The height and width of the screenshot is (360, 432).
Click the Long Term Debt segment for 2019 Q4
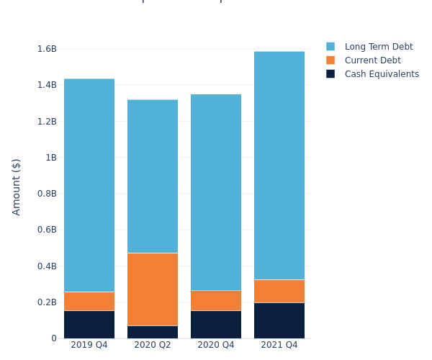pos(89,185)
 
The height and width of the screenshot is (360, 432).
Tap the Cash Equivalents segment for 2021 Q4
pos(279,320)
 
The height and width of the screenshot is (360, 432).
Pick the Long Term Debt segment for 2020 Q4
pos(216,192)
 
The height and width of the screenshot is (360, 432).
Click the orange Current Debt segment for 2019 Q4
pos(89,301)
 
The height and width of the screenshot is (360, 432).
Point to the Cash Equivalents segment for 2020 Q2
pos(153,332)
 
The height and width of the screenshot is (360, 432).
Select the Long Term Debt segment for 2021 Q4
pos(279,165)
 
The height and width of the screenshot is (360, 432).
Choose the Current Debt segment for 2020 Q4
pos(216,300)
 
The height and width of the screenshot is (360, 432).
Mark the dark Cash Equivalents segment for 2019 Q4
pos(89,324)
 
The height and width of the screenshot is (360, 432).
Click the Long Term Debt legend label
pos(379,47)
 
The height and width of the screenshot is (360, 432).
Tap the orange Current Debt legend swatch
pos(330,60)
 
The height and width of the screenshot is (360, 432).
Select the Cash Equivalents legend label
pos(382,74)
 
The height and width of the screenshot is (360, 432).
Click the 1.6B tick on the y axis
pos(47,49)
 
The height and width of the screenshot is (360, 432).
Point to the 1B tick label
pos(50,158)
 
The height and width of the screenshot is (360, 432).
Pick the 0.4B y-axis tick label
pos(47,266)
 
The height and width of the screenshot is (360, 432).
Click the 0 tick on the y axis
pos(53,338)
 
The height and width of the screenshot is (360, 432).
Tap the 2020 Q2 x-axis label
pos(153,345)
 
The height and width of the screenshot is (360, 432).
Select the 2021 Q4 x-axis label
pos(279,345)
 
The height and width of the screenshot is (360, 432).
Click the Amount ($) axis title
pos(17,186)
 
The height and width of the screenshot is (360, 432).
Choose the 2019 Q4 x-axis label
pos(89,345)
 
